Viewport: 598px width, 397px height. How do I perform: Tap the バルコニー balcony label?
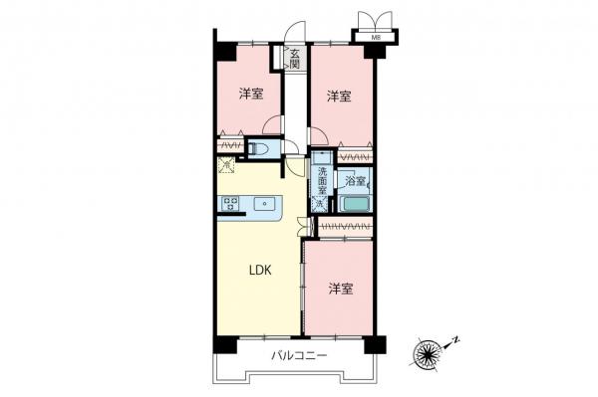tap(296, 356)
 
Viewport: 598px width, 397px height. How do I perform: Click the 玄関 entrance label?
tap(295, 58)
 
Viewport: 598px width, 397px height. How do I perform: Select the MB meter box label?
tap(376, 38)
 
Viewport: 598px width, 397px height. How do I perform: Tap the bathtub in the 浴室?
tap(354, 205)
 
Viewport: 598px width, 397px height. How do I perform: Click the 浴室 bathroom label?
tap(355, 182)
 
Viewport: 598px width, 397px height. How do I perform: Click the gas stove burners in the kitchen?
tap(230, 204)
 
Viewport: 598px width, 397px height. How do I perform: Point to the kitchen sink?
tap(265, 204)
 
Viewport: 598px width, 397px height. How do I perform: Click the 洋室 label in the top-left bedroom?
tap(251, 95)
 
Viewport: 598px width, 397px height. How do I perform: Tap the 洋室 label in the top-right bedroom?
tap(340, 97)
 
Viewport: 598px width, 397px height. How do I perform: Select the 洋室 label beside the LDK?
tap(340, 290)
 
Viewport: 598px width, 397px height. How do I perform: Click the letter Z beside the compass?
tap(454, 340)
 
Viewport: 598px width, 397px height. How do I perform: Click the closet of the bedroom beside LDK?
tap(345, 228)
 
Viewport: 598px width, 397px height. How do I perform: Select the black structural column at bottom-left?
tap(221, 344)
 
